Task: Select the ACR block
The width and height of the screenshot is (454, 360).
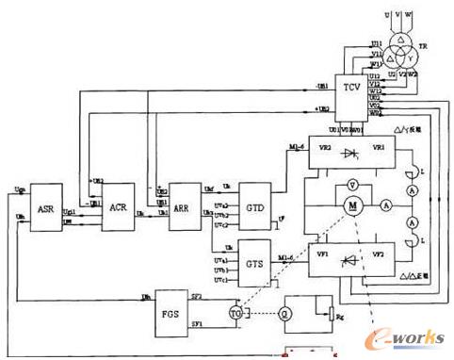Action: click(x=117, y=207)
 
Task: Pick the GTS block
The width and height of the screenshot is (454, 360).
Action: click(x=253, y=254)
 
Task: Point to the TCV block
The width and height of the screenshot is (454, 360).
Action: click(x=351, y=87)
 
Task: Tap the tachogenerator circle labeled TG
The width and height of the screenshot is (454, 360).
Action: click(x=236, y=312)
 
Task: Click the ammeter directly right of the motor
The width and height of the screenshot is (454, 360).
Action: click(x=386, y=206)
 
